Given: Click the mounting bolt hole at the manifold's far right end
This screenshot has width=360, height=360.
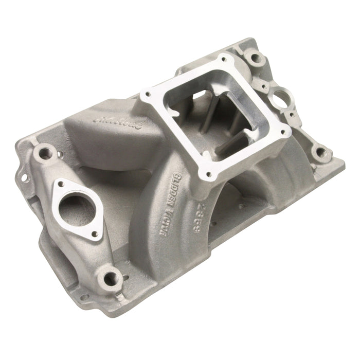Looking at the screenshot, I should (x=320, y=152).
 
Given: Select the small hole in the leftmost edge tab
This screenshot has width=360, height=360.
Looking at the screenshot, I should (x=23, y=182).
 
